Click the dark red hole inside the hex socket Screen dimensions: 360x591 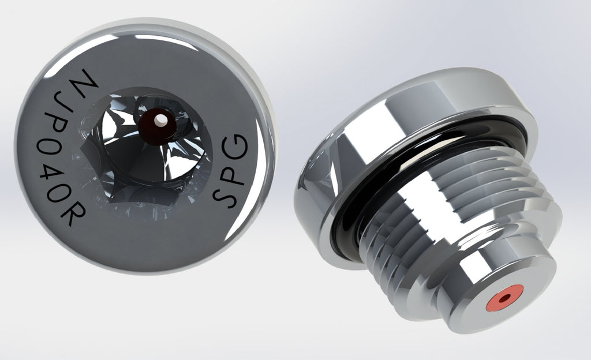coord(159,121)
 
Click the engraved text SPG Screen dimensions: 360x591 coord(233,171)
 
